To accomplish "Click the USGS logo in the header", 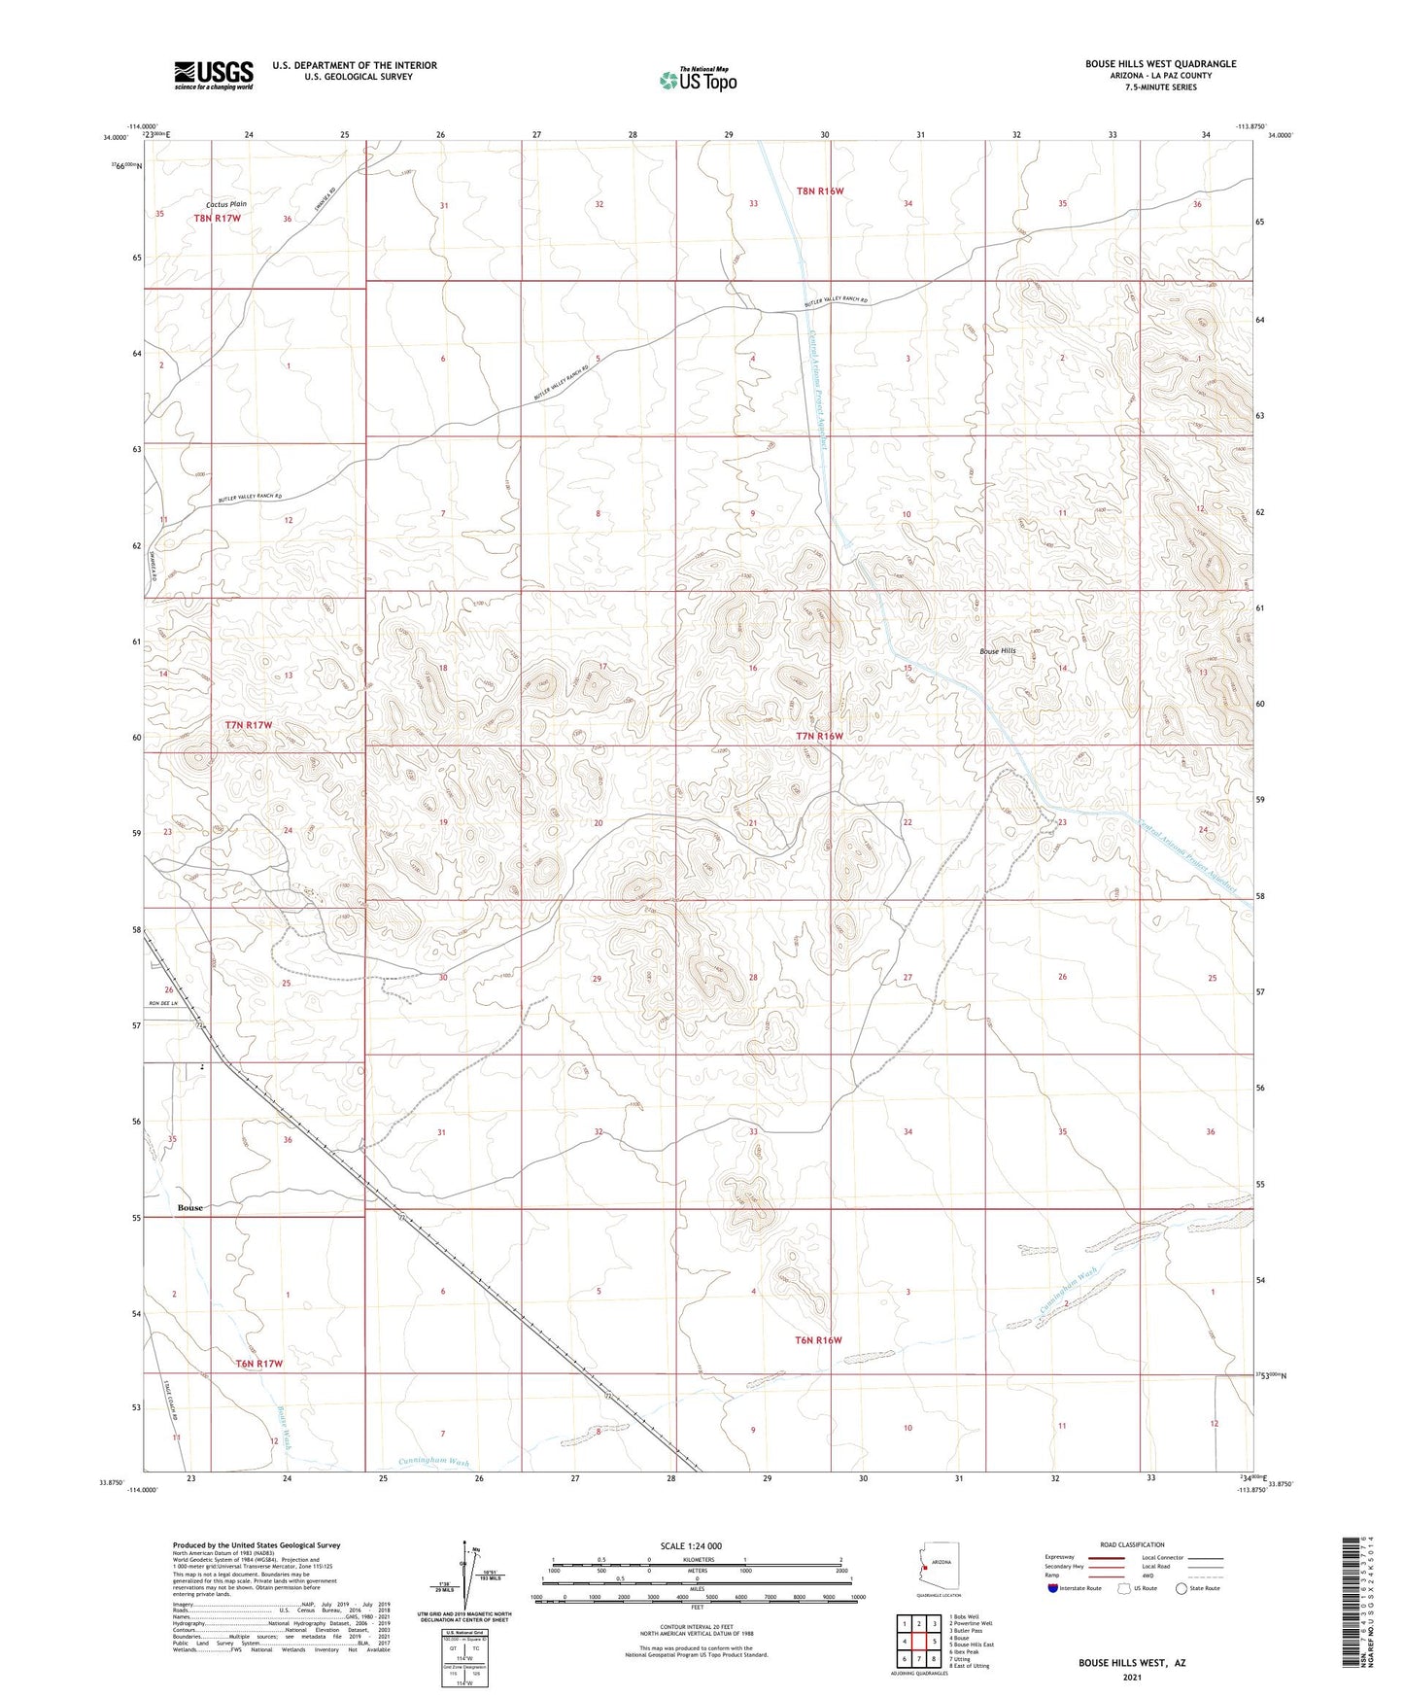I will coord(214,74).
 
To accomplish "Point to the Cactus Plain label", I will coord(226,204).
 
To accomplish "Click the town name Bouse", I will coord(190,1207).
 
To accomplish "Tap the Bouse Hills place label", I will coord(996,651).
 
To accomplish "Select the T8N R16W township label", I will coord(820,191).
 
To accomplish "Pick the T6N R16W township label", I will coord(817,1340).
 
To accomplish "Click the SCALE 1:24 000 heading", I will coord(691,1546).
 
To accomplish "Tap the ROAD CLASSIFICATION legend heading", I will coord(1132,1544).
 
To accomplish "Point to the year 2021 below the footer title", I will coord(1131,1677).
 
